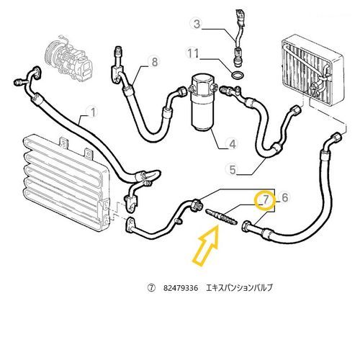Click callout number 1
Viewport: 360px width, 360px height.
click(x=92, y=112)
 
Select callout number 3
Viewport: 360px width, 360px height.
click(x=197, y=24)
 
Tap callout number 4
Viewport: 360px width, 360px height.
click(x=233, y=144)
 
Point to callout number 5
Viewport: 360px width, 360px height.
click(x=233, y=169)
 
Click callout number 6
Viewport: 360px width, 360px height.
click(x=284, y=197)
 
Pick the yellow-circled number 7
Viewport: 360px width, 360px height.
click(x=265, y=200)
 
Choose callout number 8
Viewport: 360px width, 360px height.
click(x=155, y=62)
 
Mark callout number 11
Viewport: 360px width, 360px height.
click(x=193, y=53)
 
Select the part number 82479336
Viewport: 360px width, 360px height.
click(x=181, y=288)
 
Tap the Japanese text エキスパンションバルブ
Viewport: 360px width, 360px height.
click(x=239, y=287)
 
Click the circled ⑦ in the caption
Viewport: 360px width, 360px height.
click(x=151, y=288)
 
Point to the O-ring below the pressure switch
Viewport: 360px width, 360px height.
click(x=237, y=75)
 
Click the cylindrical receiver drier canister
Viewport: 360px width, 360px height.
click(x=202, y=103)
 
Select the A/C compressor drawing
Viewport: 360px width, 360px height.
click(x=68, y=59)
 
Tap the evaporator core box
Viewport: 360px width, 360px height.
click(x=312, y=70)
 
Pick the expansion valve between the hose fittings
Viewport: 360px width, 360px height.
click(x=221, y=217)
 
